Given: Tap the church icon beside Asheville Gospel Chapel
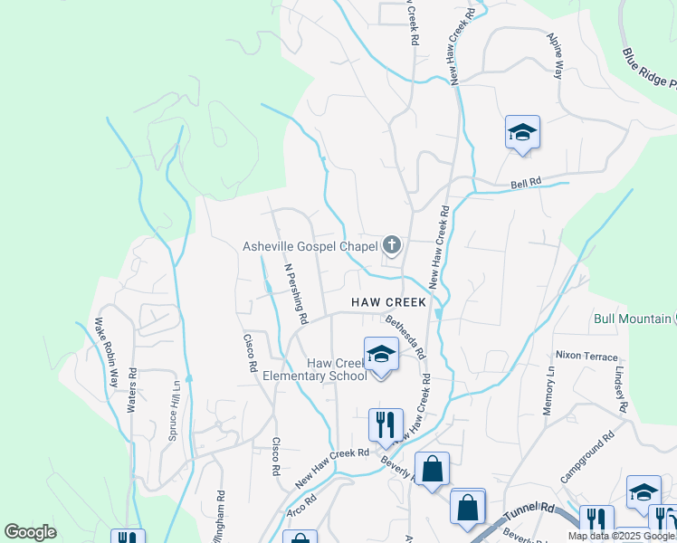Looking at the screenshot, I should coord(392,244).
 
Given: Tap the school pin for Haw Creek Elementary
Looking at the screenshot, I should coord(381,356).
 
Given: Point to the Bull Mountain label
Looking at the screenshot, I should coord(631,319).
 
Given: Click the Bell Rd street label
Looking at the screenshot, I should coord(526,182).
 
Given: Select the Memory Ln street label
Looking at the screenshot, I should coord(548,391).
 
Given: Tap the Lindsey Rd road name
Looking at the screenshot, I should coord(620,389).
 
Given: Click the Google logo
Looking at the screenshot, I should coord(30,532).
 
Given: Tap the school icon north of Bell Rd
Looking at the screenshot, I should coord(522,132).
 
